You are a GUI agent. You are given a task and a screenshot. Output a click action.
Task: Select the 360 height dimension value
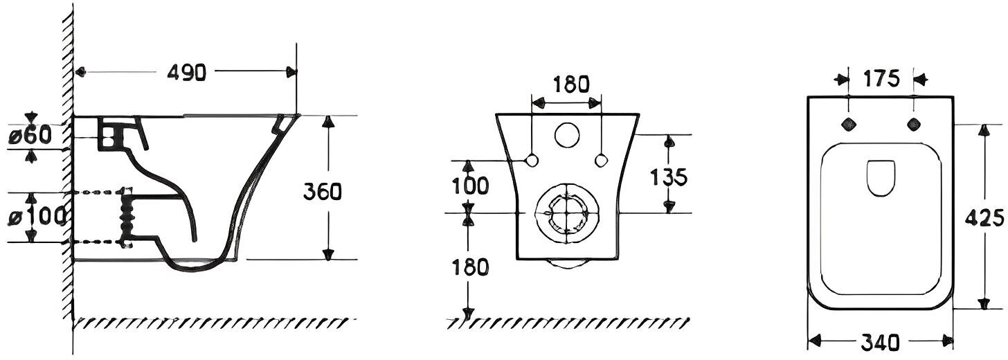(323, 192)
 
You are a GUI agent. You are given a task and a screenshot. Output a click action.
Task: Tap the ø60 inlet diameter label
(30, 136)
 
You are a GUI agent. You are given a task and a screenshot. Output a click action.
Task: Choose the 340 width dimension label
(882, 342)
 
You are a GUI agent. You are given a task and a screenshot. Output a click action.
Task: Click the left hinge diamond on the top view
(847, 124)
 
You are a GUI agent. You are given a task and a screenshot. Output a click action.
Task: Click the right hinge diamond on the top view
(915, 124)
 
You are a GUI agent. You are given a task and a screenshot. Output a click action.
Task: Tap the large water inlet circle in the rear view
(568, 136)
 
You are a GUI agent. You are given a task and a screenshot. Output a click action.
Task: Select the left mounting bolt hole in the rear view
(532, 160)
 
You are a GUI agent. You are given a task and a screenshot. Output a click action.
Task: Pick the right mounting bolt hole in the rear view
(602, 160)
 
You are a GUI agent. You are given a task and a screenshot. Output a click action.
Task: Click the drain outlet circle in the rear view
(566, 213)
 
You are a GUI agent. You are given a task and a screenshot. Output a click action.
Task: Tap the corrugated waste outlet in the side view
(127, 217)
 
